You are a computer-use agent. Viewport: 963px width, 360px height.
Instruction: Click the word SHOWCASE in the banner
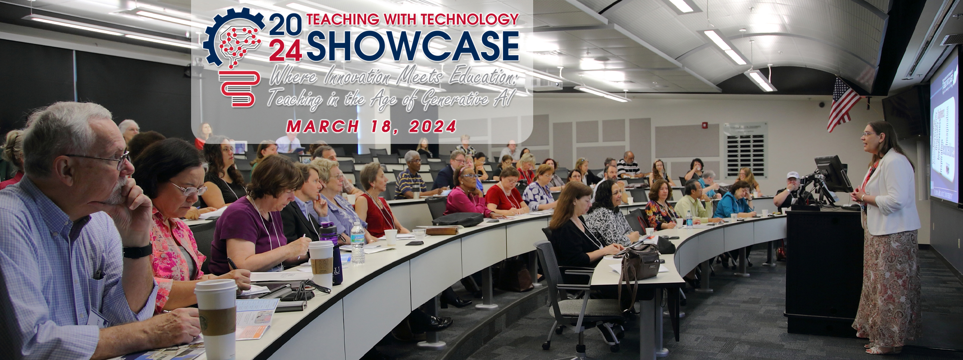[x=412, y=46]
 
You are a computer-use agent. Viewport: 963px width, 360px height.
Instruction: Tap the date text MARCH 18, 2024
[x=371, y=127]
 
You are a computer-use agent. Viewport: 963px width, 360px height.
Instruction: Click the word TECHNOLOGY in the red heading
[x=469, y=20]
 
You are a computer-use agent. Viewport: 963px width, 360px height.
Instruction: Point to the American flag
[x=843, y=104]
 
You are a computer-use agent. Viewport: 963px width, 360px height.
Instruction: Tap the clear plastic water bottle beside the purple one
[x=358, y=243]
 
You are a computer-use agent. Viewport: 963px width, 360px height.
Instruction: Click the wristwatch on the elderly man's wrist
[x=137, y=251]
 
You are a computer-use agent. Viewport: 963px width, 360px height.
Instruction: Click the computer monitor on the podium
[x=832, y=173]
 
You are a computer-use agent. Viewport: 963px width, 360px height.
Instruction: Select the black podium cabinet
[x=823, y=271]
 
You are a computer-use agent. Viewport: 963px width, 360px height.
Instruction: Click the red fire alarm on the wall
[x=705, y=125]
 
